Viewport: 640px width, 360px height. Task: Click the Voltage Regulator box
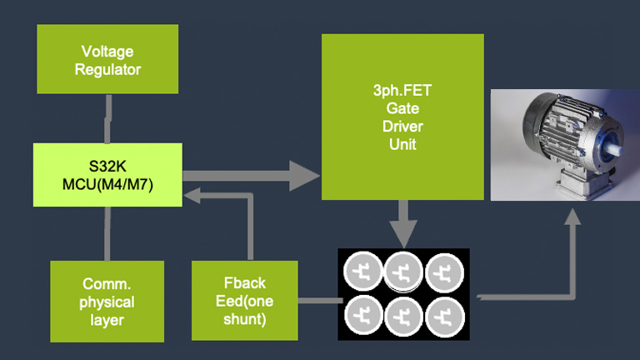pos(107,58)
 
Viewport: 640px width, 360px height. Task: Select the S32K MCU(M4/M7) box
pos(107,175)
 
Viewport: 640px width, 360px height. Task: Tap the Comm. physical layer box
pos(107,301)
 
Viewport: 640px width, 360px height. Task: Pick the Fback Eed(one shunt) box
pos(245,301)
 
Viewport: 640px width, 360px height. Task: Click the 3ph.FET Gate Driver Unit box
pos(402,117)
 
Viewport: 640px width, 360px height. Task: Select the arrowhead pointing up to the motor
pos(572,219)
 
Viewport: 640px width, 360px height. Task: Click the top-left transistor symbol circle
pos(362,271)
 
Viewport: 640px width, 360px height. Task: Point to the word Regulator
pos(107,69)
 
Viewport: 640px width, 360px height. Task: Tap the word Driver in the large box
pos(402,127)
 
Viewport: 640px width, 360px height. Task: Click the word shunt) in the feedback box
pos(245,318)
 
